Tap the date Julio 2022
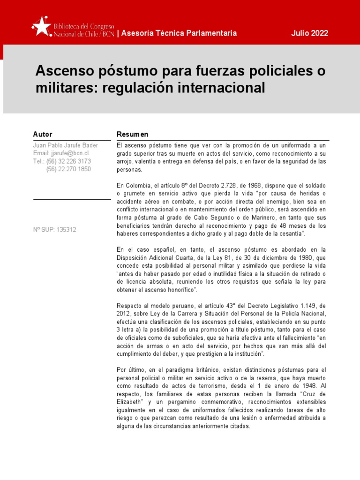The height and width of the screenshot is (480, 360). point(309,33)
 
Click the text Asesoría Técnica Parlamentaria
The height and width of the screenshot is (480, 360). point(179,33)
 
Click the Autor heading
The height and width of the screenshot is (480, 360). point(43,135)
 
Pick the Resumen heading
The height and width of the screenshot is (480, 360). point(132,135)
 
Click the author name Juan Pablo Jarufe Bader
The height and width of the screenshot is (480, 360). point(66,145)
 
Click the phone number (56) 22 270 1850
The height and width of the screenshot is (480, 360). point(68,169)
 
